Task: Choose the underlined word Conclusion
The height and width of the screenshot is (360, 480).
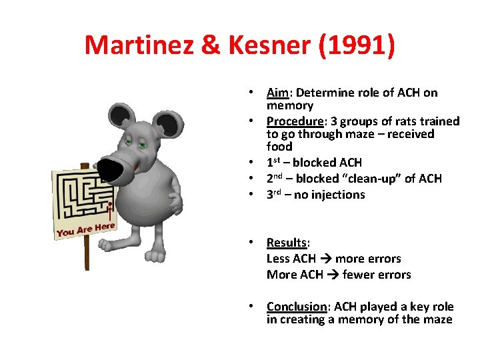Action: pyautogui.click(x=297, y=307)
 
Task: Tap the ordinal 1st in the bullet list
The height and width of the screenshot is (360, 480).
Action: pyautogui.click(x=275, y=163)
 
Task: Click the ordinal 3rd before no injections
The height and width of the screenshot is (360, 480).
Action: pyautogui.click(x=275, y=195)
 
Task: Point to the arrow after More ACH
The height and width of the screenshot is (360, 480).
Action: pyautogui.click(x=332, y=275)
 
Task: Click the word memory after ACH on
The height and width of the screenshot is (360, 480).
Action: pyautogui.click(x=289, y=105)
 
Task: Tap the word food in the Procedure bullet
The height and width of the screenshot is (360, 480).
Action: pyautogui.click(x=279, y=147)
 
